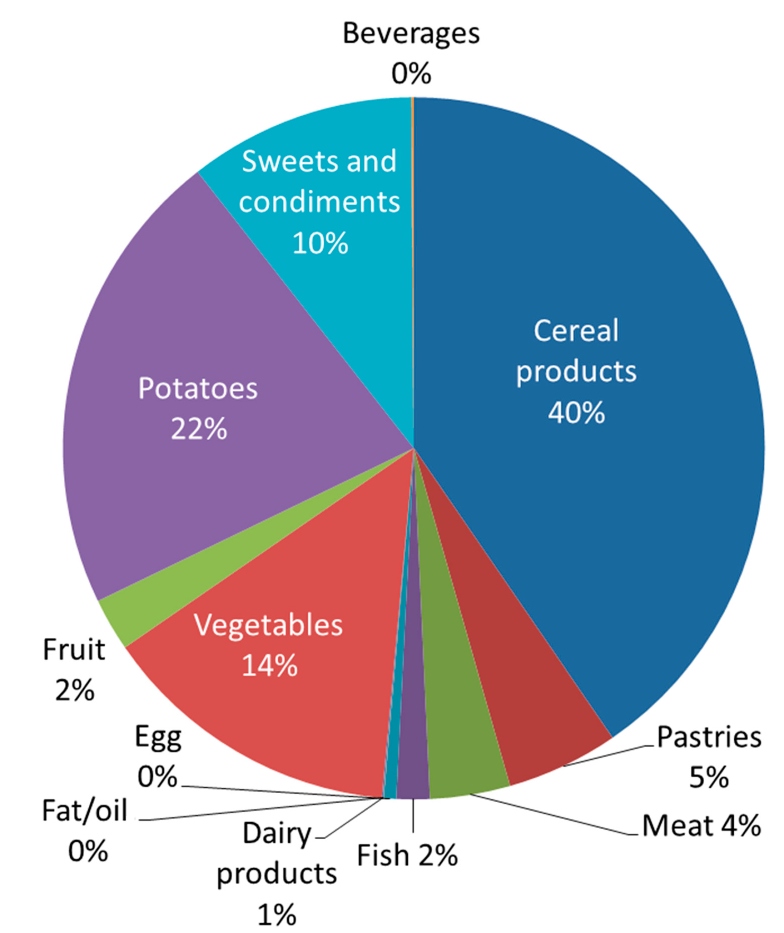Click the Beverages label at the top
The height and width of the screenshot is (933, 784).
coord(411,34)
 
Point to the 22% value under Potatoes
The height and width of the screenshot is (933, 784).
coord(199,429)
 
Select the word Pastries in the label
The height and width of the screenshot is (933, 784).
coord(709,737)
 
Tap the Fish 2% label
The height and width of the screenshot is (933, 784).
coord(407,855)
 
